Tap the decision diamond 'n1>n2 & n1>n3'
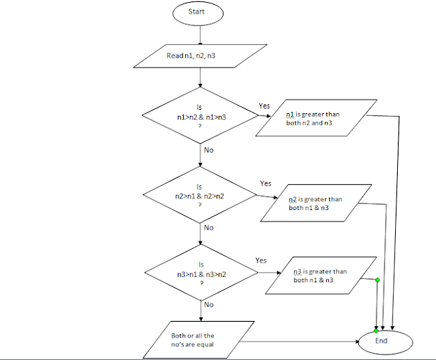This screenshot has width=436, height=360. click(x=200, y=117)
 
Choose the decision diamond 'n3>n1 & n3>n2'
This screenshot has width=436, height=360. click(x=200, y=273)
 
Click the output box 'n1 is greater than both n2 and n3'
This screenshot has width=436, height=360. click(x=315, y=119)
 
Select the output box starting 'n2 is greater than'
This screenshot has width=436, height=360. click(x=314, y=202)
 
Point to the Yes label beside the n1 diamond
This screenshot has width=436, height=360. click(x=264, y=106)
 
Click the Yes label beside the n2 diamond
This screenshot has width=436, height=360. click(x=266, y=183)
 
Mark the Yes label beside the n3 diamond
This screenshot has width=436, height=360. click(x=260, y=260)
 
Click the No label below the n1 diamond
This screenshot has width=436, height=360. click(x=208, y=149)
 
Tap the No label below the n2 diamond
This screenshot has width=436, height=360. click(x=208, y=228)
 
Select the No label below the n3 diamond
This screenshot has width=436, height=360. click(x=208, y=305)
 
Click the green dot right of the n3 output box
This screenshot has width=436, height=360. click(x=377, y=280)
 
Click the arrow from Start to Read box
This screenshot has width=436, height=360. click(x=200, y=34)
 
